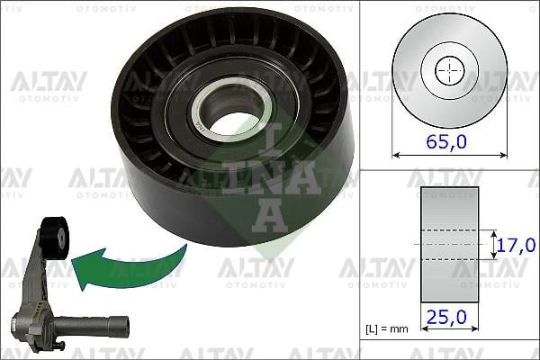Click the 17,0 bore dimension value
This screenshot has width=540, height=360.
click(517, 244)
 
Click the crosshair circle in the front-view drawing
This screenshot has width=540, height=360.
click(447, 69)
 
